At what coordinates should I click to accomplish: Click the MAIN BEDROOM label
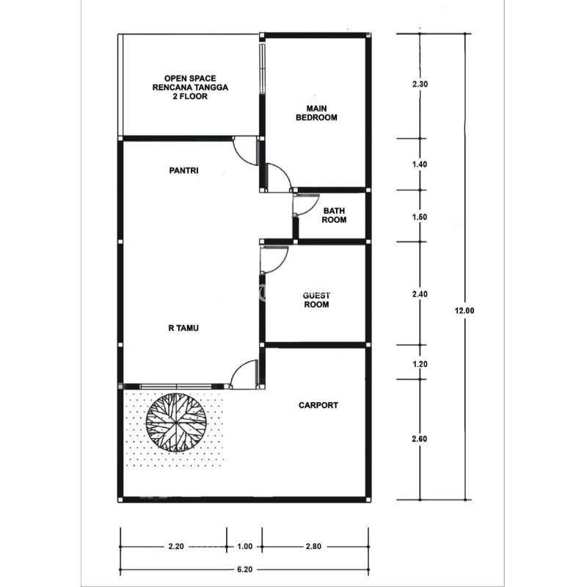click(x=316, y=113)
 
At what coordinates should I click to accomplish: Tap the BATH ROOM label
click(x=334, y=215)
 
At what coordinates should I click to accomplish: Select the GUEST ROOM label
click(x=316, y=300)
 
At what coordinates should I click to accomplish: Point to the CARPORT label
click(x=318, y=405)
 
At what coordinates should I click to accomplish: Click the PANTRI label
click(x=183, y=170)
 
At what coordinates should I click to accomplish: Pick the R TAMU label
click(x=183, y=328)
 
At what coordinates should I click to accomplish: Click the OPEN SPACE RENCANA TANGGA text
click(x=190, y=83)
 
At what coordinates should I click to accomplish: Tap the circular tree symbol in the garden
click(x=175, y=423)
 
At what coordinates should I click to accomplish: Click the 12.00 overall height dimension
click(x=464, y=310)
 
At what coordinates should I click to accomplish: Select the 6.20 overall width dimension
click(x=244, y=569)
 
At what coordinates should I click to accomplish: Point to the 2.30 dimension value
click(x=420, y=84)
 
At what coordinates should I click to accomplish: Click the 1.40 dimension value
click(x=420, y=164)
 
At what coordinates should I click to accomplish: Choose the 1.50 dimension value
click(x=420, y=216)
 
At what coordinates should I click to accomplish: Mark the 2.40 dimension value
click(x=420, y=294)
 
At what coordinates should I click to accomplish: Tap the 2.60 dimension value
click(x=420, y=439)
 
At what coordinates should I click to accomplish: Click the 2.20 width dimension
click(x=176, y=547)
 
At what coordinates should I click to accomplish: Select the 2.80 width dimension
click(x=313, y=547)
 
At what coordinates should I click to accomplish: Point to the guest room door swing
click(x=281, y=264)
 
